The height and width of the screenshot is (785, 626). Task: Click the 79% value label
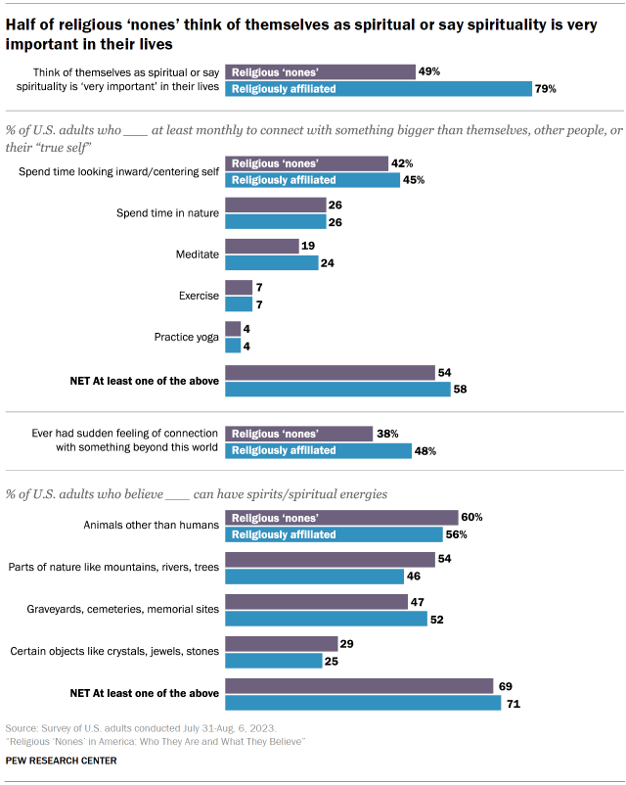tap(545, 89)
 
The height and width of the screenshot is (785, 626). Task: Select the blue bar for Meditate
tap(271, 262)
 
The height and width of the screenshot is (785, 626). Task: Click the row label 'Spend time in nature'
tap(165, 212)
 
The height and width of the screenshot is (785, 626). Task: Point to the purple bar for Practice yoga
tap(232, 329)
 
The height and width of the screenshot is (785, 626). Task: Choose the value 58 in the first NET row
tap(461, 389)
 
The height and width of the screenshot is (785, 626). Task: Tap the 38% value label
tap(386, 434)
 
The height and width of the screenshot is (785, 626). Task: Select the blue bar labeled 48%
tap(318, 450)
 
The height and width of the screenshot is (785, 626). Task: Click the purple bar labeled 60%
tap(341, 517)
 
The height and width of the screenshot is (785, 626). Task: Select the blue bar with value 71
tap(363, 703)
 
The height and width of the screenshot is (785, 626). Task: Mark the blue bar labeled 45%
tap(312, 179)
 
